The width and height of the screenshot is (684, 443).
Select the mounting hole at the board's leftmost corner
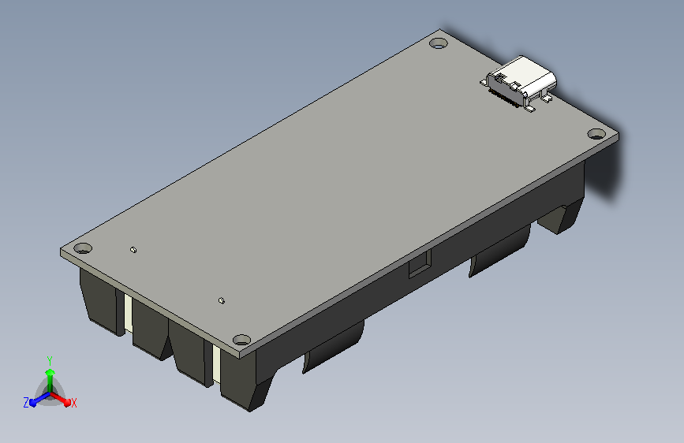click(x=85, y=247)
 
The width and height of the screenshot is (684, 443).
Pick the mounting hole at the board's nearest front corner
click(x=242, y=341)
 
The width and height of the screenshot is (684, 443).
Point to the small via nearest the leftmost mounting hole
click(x=133, y=250)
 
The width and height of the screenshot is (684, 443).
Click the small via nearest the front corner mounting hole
click(x=222, y=300)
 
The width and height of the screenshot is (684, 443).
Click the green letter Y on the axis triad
click(x=49, y=359)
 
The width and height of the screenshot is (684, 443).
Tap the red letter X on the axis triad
click(x=73, y=404)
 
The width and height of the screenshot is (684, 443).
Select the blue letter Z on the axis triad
click(x=26, y=403)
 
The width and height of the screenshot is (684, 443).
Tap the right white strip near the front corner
click(x=215, y=363)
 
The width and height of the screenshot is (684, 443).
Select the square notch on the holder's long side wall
click(x=419, y=265)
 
